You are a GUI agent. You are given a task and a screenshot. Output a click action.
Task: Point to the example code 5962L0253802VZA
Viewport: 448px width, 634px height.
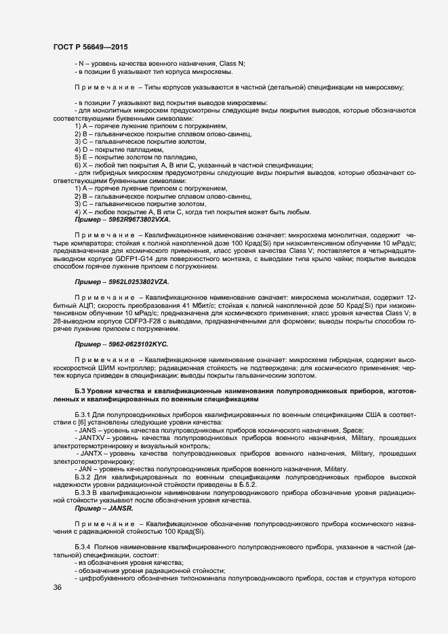(136, 281)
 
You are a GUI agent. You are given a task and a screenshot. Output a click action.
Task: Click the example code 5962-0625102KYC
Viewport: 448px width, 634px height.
(135, 344)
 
